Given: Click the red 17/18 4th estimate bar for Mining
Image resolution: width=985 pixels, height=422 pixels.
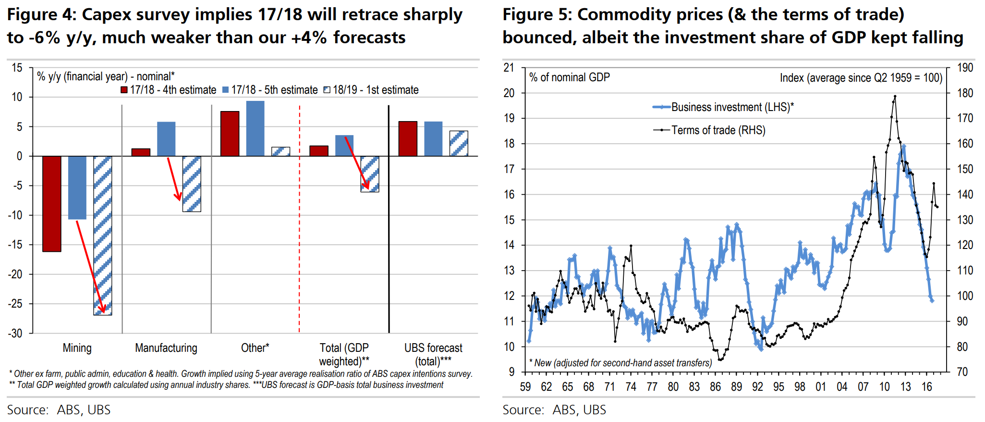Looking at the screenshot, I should click(x=52, y=203).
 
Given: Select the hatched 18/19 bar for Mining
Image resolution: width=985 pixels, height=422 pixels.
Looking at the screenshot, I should click(x=103, y=236).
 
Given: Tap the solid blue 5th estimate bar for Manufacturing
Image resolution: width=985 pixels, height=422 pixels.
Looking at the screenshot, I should click(x=166, y=139).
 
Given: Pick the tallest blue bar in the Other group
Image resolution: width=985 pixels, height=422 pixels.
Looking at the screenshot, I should click(x=255, y=128).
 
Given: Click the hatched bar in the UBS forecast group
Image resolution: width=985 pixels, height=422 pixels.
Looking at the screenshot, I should click(x=459, y=143).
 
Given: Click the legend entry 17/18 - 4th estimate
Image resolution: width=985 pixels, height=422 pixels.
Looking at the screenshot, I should click(x=168, y=90).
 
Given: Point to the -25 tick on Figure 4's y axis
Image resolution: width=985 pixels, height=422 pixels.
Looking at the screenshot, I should click(x=15, y=304).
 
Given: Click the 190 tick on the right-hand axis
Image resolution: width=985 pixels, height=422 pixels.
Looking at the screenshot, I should click(x=965, y=68).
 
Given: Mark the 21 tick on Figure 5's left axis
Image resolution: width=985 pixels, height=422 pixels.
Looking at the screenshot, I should click(x=509, y=68).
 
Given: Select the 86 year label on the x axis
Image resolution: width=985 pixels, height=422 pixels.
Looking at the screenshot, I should click(x=715, y=387).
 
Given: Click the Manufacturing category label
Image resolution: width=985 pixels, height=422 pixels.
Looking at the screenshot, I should click(x=166, y=348).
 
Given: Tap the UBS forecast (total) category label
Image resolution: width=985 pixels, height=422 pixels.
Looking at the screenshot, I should click(x=433, y=354).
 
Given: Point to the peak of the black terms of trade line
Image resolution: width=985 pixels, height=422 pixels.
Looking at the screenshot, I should click(x=895, y=96).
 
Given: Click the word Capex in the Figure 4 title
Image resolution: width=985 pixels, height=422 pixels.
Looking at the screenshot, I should click(x=109, y=15).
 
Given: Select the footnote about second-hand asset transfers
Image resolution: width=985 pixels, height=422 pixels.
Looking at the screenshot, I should click(x=620, y=363).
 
